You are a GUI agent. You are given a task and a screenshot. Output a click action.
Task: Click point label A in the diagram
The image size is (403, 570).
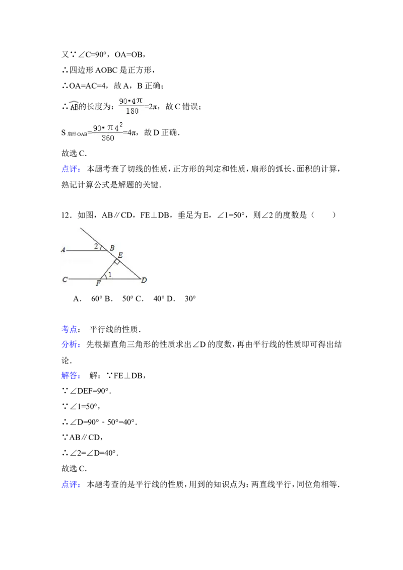click(x=63, y=250)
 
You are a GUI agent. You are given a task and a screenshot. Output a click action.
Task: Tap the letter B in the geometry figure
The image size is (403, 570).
click(x=112, y=248)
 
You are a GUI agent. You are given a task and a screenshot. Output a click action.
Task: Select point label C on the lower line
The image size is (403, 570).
click(x=64, y=279)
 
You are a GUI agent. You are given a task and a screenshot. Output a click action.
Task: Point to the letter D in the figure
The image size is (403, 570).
click(x=144, y=280)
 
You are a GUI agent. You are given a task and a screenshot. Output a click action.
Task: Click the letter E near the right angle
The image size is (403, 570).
click(x=120, y=255)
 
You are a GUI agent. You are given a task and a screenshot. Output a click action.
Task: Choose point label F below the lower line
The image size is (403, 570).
click(x=98, y=283)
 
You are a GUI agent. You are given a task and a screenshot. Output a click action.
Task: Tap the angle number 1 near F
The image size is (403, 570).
click(x=110, y=274)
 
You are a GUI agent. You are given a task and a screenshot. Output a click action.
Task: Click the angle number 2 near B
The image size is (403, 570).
click(x=96, y=246)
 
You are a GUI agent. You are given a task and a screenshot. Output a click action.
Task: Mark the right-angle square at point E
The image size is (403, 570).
click(x=116, y=262)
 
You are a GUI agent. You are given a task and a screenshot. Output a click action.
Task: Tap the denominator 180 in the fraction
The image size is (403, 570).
click(x=132, y=111)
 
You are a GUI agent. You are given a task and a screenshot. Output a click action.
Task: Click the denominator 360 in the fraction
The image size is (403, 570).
click(x=107, y=138)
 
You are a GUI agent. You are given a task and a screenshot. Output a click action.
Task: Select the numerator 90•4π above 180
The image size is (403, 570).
click(x=131, y=101)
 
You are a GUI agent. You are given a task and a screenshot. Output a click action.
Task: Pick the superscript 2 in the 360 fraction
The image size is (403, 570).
click(x=121, y=124)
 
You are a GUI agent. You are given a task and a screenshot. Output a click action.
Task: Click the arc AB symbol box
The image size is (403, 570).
click(x=75, y=105)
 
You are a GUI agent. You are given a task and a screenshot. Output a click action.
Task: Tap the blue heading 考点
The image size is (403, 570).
click(x=69, y=329)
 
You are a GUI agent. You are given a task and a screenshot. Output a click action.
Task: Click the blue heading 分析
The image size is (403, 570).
click(x=71, y=345)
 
